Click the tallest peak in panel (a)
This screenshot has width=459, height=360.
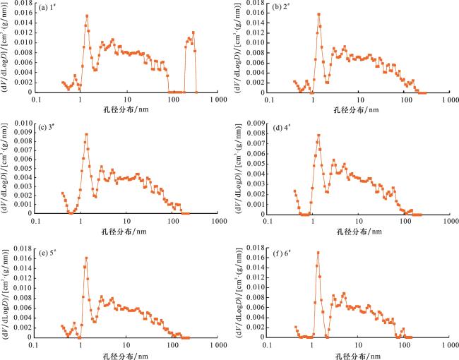pyautogui.click(x=87, y=16)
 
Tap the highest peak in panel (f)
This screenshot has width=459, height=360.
pyautogui.click(x=318, y=252)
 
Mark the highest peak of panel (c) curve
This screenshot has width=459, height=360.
pyautogui.click(x=86, y=134)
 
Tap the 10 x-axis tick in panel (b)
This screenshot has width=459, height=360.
pyautogui.click(x=359, y=99)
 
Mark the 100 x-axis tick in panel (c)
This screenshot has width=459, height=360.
pyautogui.click(x=172, y=220)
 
